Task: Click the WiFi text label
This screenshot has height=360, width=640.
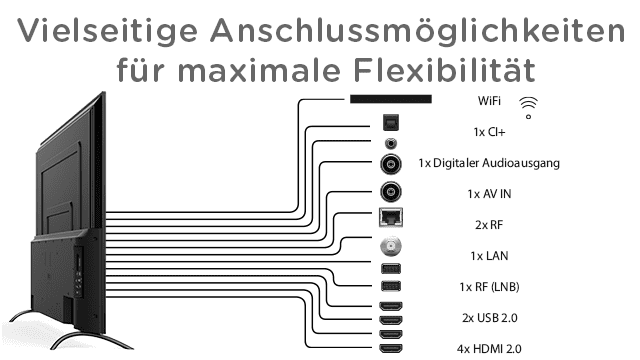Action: coord(491,101)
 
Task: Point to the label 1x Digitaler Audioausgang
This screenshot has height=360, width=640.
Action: coord(490,162)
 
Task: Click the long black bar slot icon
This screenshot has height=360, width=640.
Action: coord(390,99)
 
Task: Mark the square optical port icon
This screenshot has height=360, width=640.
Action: coord(390,123)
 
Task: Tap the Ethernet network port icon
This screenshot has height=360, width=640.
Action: coord(390,219)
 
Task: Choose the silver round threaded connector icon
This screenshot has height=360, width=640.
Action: coord(390,248)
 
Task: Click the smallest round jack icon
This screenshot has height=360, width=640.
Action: coord(390,143)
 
